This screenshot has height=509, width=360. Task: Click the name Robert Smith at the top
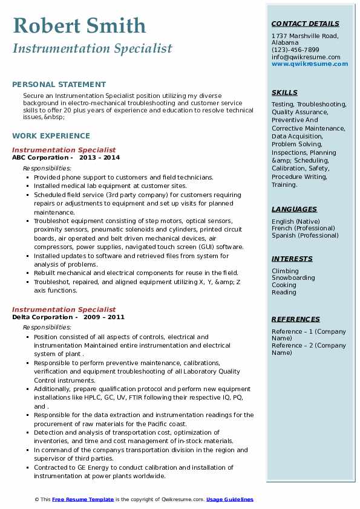[x=79, y=25]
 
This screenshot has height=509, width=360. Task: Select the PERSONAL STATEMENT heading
[x=59, y=85]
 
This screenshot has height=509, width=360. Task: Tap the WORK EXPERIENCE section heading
[x=51, y=136]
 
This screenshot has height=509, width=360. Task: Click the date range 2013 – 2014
[x=99, y=158]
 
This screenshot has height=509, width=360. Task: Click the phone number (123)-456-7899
[x=295, y=50]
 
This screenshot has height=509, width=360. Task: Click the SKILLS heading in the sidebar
[x=284, y=93]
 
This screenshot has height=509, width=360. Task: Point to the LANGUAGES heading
[x=294, y=209]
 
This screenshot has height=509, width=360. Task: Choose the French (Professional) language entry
[x=303, y=229]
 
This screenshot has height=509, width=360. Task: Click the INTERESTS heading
[x=292, y=259]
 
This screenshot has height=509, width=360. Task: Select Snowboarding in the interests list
[x=293, y=278]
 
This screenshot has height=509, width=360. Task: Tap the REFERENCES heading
[x=296, y=319]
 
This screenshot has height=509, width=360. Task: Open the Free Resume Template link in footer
[x=82, y=499]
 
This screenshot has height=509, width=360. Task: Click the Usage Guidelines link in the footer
[x=229, y=499]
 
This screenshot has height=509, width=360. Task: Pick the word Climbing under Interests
[x=285, y=271]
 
